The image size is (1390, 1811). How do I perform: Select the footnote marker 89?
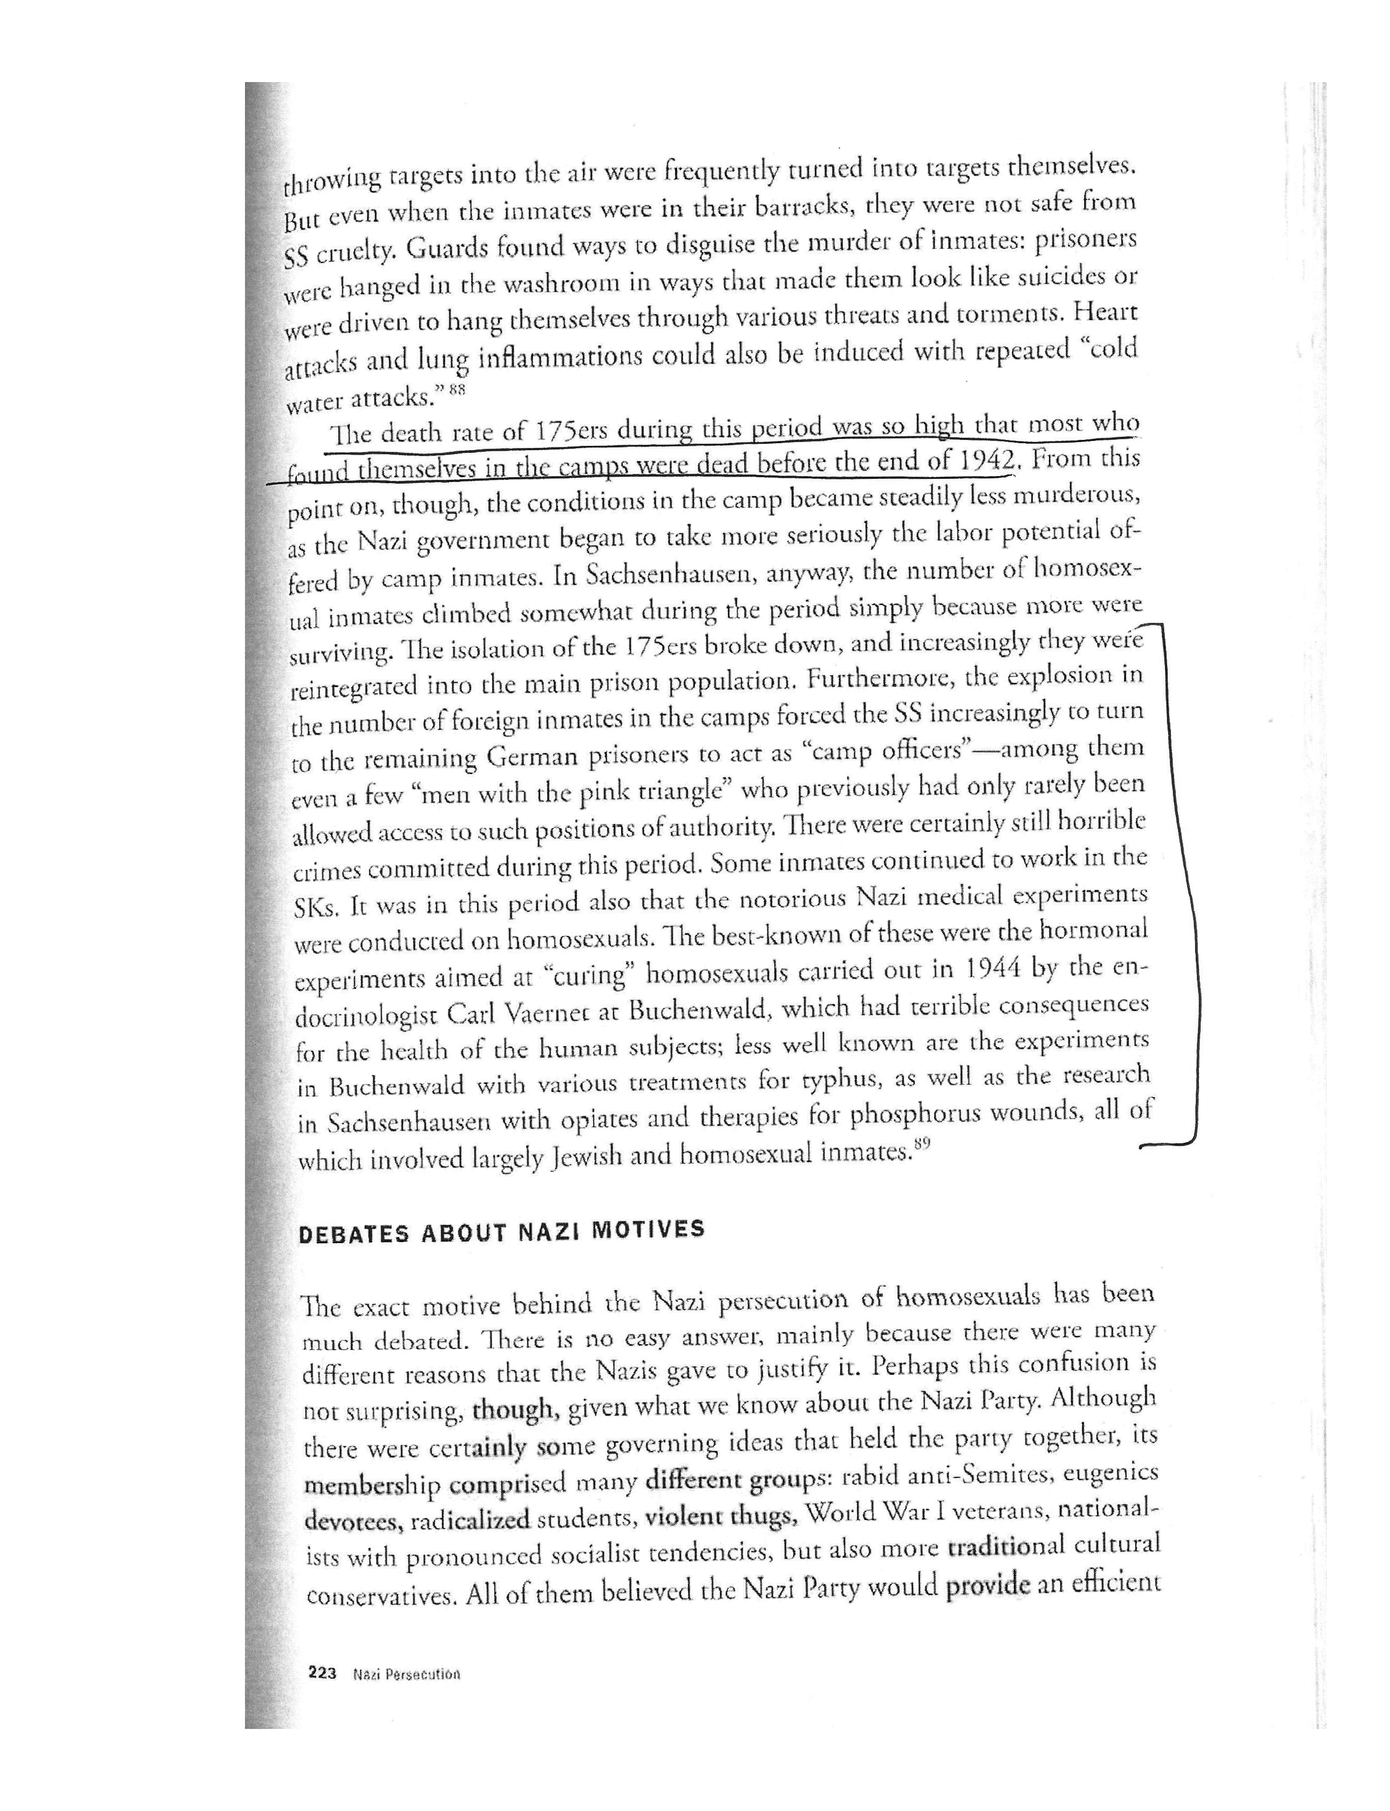[923, 1145]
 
